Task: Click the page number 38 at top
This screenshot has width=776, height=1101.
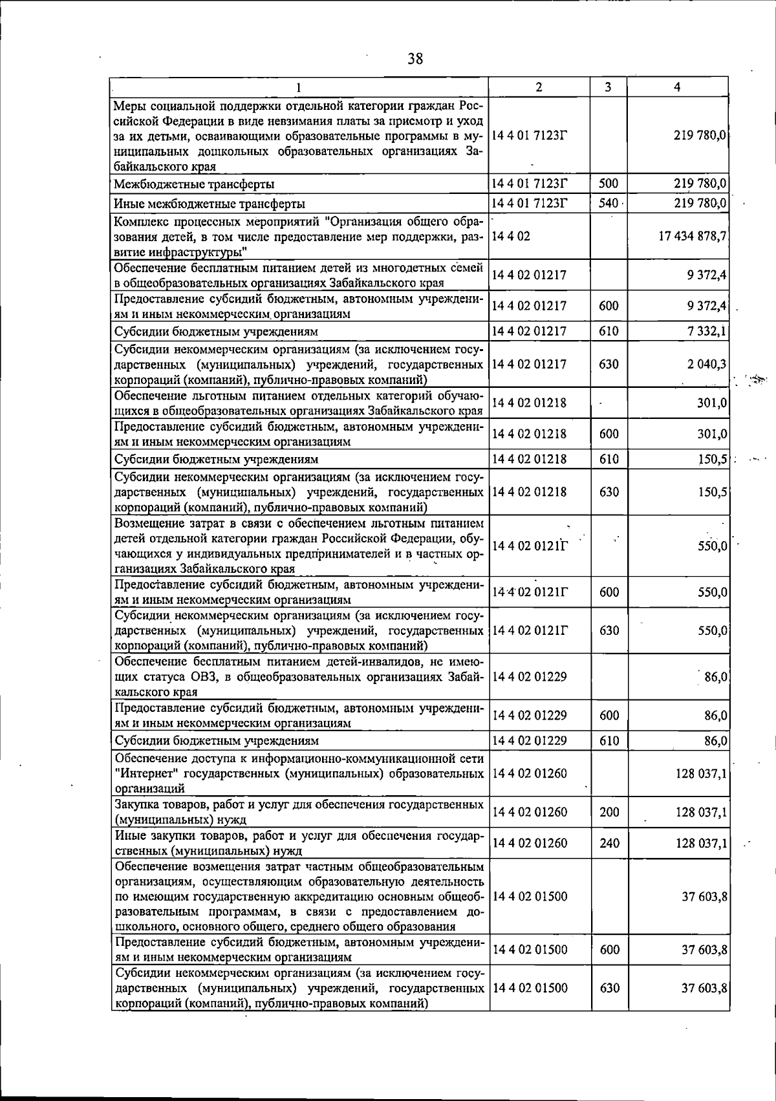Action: [415, 59]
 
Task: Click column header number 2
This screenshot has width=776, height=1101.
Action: [539, 87]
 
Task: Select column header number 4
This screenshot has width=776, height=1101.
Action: [676, 87]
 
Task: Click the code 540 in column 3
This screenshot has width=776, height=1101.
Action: [608, 204]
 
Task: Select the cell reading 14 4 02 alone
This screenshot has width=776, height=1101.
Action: [511, 237]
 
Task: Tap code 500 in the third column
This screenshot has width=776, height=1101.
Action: [608, 184]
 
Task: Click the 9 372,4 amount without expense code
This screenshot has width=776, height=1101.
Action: [707, 275]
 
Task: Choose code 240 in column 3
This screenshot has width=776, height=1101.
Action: [609, 843]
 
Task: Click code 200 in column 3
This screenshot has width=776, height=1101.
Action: [609, 812]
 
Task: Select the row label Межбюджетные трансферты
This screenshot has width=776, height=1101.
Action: [193, 184]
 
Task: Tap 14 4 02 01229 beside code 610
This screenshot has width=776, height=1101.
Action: [529, 741]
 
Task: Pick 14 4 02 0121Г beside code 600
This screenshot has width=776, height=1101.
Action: [529, 592]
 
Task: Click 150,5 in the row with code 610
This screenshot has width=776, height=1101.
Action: [713, 460]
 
